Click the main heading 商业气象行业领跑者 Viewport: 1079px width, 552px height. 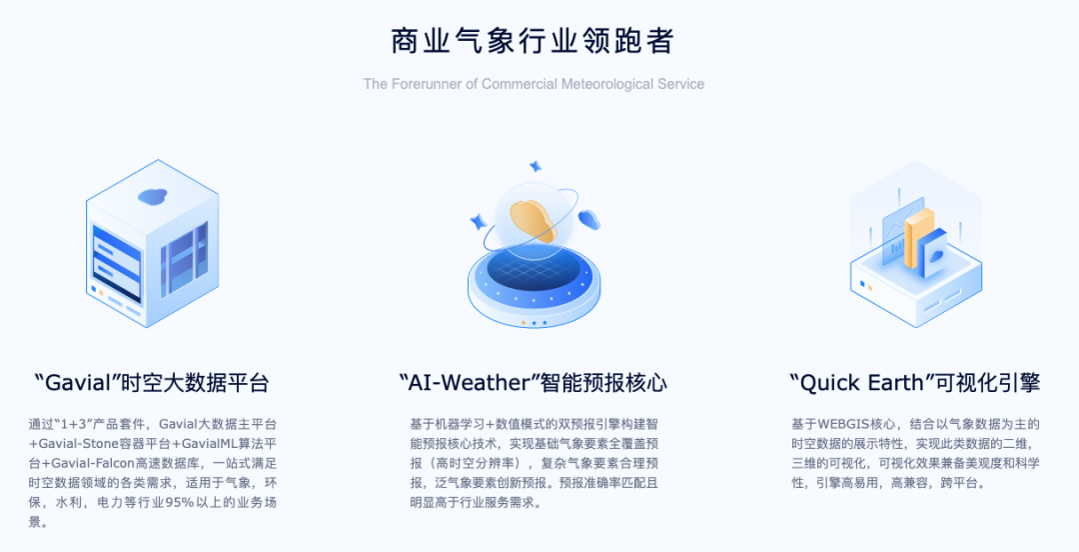[x=532, y=41]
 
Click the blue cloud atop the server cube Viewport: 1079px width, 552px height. [x=153, y=196]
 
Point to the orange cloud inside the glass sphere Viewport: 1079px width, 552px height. [x=534, y=220]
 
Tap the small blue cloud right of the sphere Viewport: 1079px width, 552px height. [x=589, y=220]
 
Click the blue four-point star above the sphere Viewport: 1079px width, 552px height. [x=535, y=166]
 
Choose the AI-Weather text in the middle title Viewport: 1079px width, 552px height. [x=470, y=382]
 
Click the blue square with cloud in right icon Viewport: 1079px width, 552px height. [x=932, y=254]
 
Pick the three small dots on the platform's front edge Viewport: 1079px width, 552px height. [x=534, y=323]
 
